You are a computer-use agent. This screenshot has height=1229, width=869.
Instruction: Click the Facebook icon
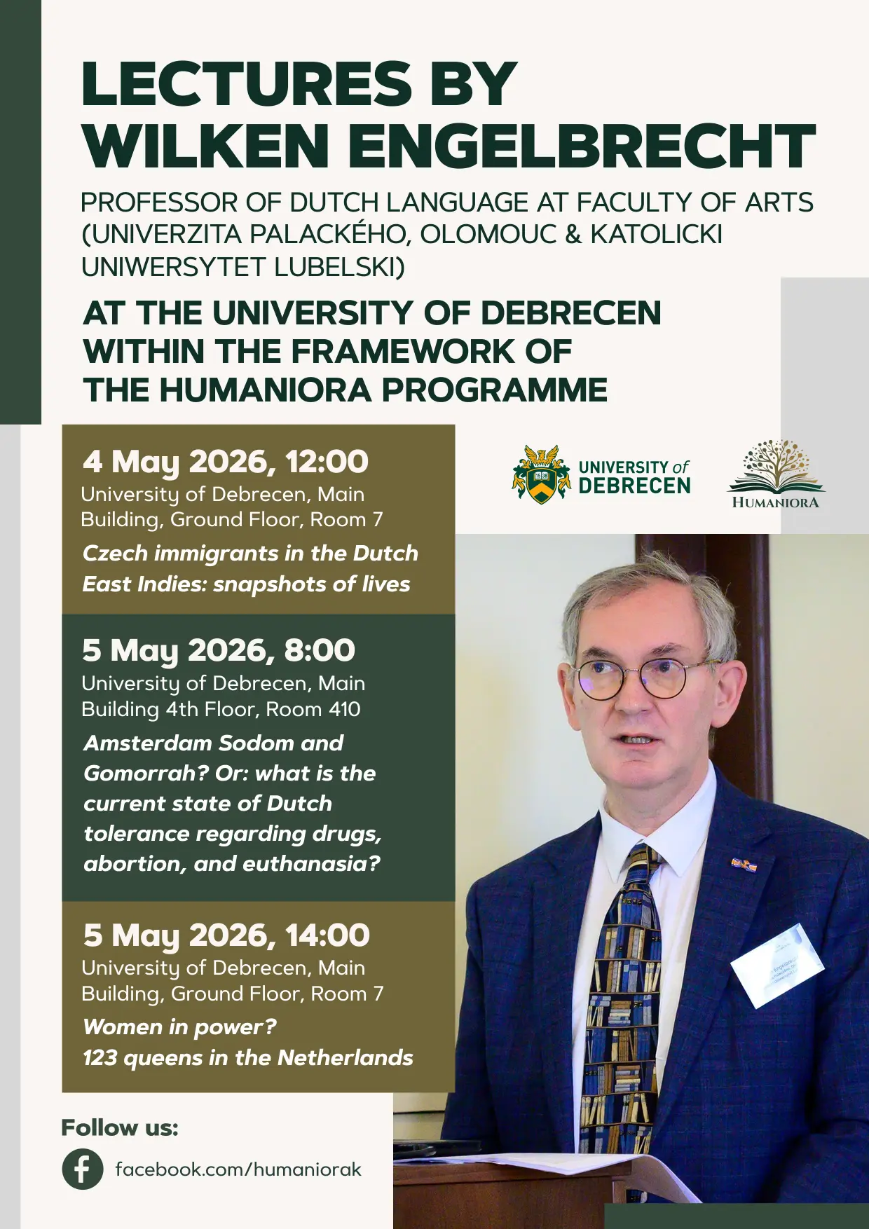tap(82, 1169)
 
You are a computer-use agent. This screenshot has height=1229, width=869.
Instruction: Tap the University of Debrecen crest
tap(540, 474)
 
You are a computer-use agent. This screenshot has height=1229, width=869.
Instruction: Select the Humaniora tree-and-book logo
tap(776, 474)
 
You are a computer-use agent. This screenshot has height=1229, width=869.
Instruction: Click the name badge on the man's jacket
tap(777, 965)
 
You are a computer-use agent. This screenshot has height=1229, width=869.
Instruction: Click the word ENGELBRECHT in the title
tap(582, 146)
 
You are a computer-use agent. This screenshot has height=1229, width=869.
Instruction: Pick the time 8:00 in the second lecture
tap(320, 651)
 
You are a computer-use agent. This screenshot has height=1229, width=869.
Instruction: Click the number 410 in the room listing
tap(344, 709)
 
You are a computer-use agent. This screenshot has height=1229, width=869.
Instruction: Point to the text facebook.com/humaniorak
tap(238, 1169)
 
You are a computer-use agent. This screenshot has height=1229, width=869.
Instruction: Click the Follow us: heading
tap(120, 1127)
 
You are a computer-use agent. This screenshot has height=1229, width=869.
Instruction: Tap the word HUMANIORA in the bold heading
tap(266, 390)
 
